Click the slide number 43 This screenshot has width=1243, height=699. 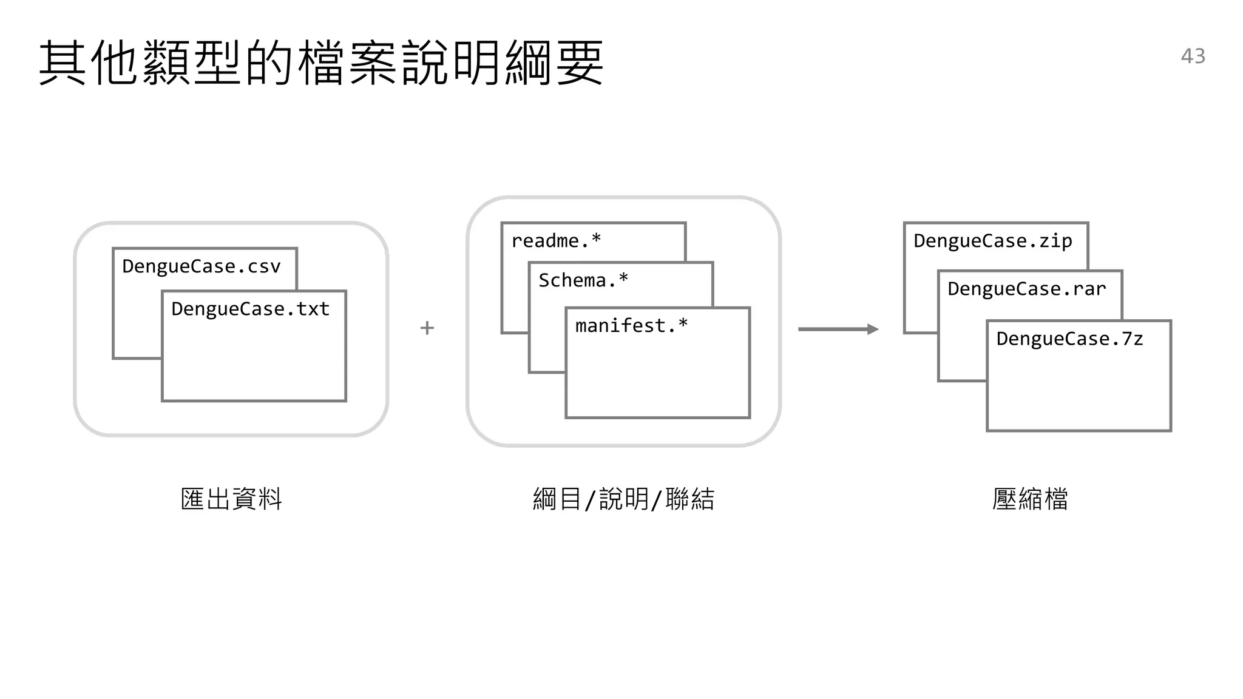pos(1193,56)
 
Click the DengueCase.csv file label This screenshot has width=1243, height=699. pos(201,266)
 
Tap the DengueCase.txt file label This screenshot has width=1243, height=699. pos(250,309)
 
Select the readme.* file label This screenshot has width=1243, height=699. pos(556,241)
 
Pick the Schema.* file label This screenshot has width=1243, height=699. pos(583,280)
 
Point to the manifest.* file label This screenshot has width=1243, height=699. pos(631,326)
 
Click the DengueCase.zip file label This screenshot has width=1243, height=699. pos(992,241)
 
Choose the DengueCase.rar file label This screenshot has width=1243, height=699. pos(1026,289)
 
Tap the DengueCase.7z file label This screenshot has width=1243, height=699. pos(1069,339)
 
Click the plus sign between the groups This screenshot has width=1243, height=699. pos(427,328)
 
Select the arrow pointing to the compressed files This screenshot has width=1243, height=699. pos(838,329)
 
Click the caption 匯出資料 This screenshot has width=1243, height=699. pos(231,499)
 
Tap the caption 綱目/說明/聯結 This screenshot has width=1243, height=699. pos(623,499)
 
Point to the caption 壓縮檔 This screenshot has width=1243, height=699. pos(1030,499)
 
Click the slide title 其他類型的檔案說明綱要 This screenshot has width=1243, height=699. pos(321,62)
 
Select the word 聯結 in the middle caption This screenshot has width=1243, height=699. pos(690,499)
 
